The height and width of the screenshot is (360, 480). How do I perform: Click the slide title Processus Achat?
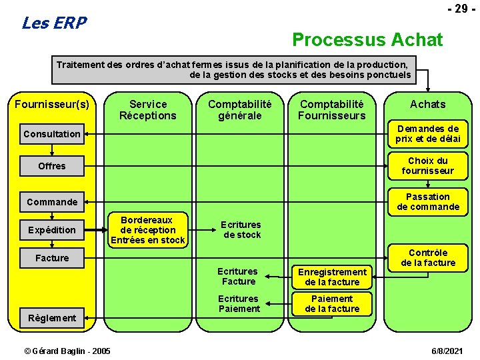coord(367,40)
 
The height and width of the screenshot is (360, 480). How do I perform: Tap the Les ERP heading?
coord(54,23)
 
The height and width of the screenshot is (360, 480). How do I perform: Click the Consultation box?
coord(52,134)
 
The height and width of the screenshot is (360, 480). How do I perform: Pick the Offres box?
coord(52,166)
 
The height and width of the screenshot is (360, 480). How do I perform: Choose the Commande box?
coord(52,202)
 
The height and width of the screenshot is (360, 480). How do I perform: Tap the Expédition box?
coord(52,230)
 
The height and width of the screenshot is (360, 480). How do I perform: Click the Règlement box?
coord(52,318)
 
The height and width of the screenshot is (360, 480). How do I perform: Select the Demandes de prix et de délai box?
coord(428,133)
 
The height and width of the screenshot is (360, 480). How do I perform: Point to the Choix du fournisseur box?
coord(428,165)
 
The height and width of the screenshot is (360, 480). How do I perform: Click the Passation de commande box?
coord(428,201)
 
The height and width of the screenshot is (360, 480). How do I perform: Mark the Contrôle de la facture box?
coord(428,257)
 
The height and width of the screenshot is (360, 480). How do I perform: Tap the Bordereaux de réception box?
coord(148,230)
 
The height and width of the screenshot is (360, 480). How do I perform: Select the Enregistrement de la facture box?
coord(332,277)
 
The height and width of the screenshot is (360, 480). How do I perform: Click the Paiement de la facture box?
coord(332,303)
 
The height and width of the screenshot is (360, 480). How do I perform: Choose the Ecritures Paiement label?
coord(239,303)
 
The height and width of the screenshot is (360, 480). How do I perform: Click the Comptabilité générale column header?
coord(240,109)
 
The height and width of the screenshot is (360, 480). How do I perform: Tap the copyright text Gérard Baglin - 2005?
coord(67,351)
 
